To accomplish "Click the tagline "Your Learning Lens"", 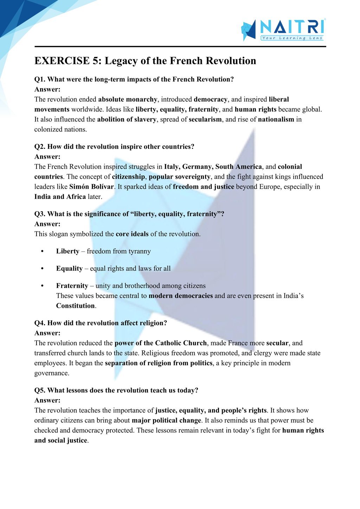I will point(292,38).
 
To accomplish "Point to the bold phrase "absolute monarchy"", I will point(128,99).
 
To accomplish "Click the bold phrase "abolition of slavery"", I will point(127,119).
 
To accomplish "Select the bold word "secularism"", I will point(205,119).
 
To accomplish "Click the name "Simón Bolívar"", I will point(91,187).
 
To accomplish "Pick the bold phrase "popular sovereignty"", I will point(180,177).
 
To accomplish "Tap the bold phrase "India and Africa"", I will point(60,197).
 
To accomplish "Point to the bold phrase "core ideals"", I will point(132,234).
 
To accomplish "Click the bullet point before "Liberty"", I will point(42,252).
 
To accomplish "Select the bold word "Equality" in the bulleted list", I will point(69,269).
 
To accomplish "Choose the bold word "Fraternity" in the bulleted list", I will point(72,286).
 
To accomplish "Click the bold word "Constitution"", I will point(76,306).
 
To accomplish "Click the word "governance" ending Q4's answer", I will point(51,373).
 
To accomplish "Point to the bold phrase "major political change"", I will point(166,420).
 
